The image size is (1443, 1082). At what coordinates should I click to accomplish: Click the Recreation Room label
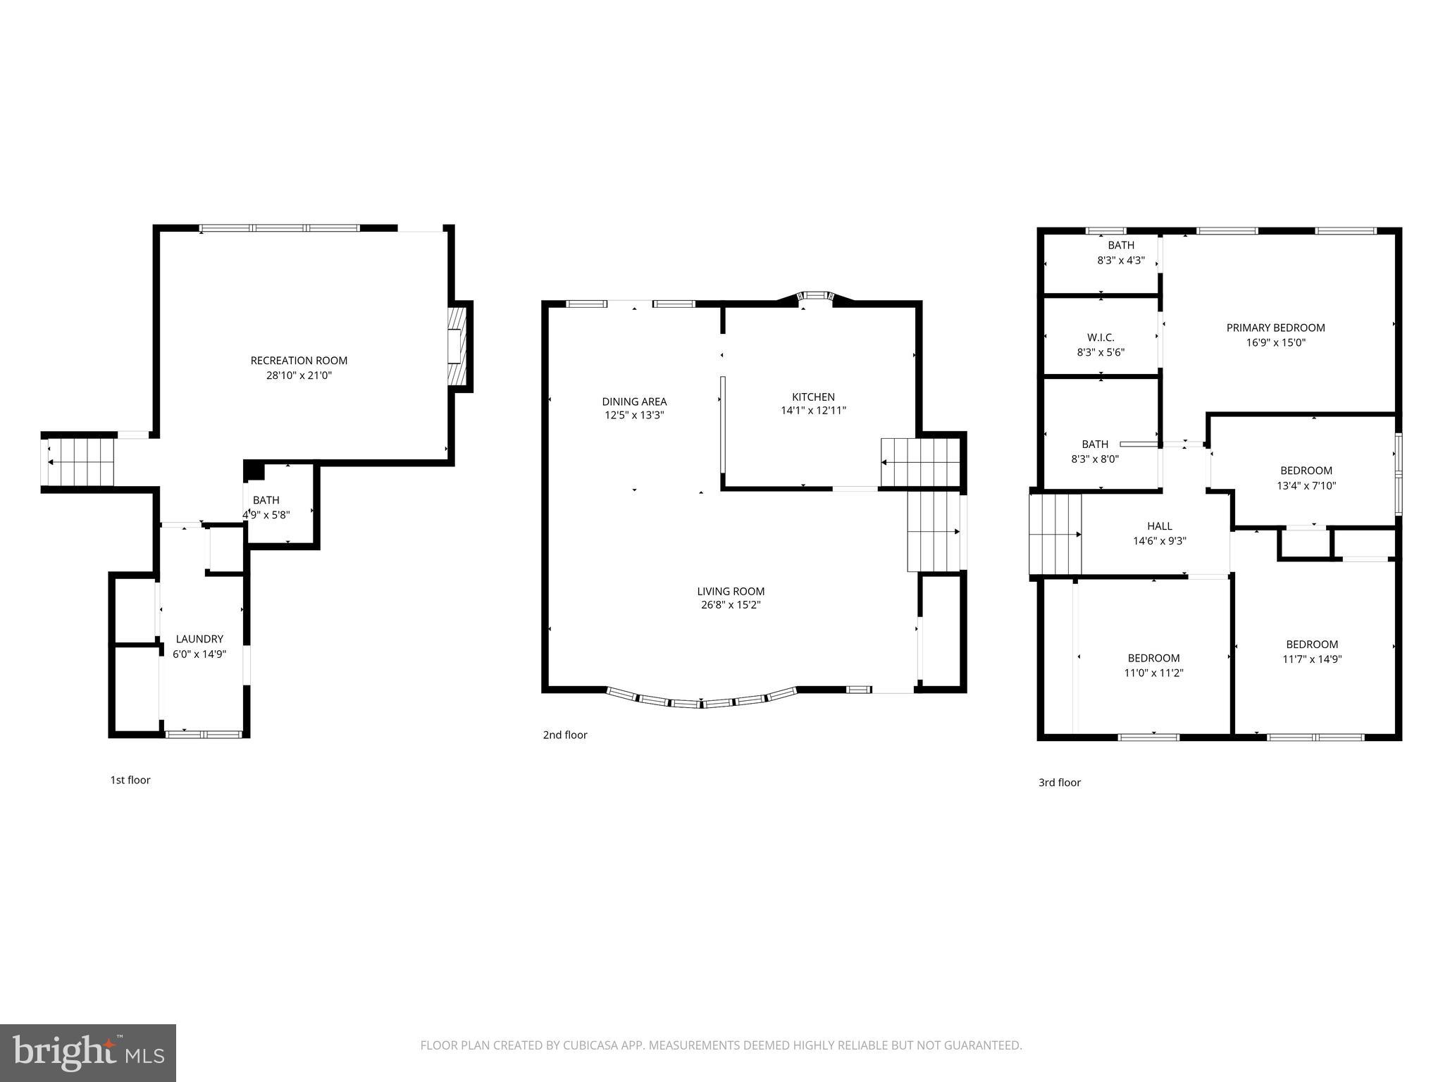tap(299, 361)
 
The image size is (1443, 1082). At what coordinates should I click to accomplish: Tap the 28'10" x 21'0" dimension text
tap(299, 375)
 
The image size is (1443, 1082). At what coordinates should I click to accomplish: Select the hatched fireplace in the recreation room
tap(458, 346)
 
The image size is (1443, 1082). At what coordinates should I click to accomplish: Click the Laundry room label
tap(199, 639)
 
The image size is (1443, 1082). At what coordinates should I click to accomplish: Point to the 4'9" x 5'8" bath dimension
tap(266, 515)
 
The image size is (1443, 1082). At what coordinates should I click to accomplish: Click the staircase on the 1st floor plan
tap(79, 462)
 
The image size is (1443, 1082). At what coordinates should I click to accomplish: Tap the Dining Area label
tap(634, 402)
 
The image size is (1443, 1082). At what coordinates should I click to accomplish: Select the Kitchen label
tap(813, 397)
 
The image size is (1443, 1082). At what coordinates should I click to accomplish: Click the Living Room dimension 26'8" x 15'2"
tap(731, 605)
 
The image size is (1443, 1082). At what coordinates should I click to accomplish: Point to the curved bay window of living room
tap(701, 702)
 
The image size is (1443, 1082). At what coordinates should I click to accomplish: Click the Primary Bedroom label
tap(1275, 328)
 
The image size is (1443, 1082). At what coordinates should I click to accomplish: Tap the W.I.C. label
tap(1101, 337)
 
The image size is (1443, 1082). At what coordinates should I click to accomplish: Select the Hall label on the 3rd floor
tap(1159, 526)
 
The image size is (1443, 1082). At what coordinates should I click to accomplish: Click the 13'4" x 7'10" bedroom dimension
tap(1306, 485)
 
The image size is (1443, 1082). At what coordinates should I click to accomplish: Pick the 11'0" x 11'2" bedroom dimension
tap(1153, 673)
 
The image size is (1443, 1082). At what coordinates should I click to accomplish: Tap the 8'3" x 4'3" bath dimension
tap(1120, 260)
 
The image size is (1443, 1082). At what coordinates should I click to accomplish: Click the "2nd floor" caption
tap(564, 735)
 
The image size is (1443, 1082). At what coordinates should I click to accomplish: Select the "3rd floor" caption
tap(1059, 782)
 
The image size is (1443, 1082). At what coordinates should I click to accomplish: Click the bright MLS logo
tap(88, 1052)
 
